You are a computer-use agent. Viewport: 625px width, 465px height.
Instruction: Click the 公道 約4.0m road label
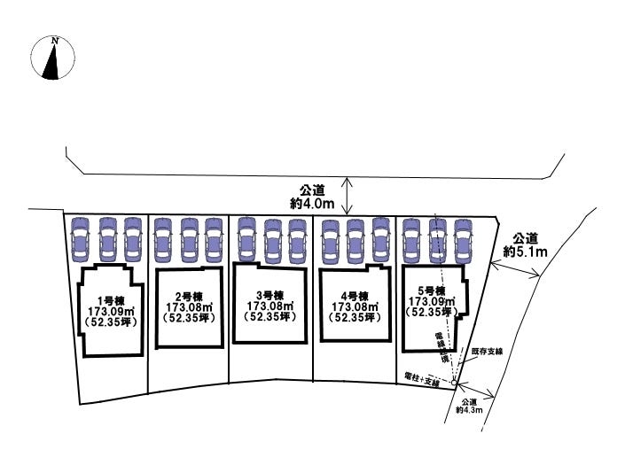(311, 197)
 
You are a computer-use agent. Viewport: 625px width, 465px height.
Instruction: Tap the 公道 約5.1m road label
(526, 244)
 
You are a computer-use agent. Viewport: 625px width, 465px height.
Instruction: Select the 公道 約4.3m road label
(468, 405)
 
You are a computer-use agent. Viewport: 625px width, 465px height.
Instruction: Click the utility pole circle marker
(454, 383)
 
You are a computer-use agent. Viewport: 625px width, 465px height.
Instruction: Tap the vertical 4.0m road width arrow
(348, 196)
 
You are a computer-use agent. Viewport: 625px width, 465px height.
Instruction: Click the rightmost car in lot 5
(462, 237)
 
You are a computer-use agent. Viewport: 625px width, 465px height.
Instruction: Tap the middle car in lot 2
(189, 237)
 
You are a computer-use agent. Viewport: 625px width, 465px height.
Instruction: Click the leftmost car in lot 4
(330, 237)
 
